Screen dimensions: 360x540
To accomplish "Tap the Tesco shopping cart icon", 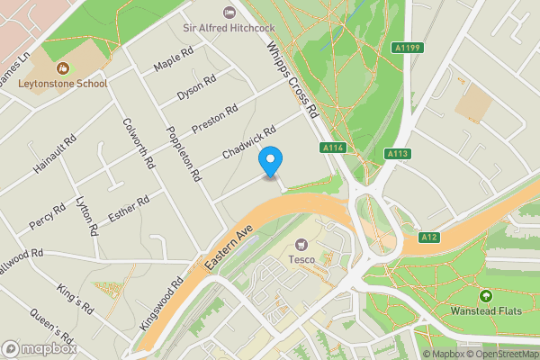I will coord(301,244).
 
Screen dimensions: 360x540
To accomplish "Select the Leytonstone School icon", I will coord(63,68).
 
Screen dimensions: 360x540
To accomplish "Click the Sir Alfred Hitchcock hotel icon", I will coord(229,12).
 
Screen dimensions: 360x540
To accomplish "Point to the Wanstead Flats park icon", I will coord(486,296).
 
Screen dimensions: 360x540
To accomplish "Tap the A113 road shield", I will coord(398,153).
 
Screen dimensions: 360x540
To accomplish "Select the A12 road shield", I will coord(428,237).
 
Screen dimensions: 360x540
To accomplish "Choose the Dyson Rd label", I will coord(196,86).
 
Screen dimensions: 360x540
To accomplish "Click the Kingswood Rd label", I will coord(162,304).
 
